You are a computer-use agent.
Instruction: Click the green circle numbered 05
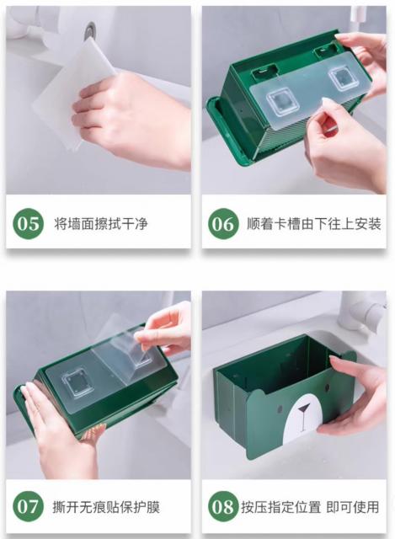28,223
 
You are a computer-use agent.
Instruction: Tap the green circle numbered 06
223,223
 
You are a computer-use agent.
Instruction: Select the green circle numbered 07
28,506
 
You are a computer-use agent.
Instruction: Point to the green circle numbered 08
223,506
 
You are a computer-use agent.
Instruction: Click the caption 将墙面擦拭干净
101,224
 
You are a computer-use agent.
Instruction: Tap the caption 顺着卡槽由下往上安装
314,224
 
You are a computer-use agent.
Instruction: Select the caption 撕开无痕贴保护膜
106,507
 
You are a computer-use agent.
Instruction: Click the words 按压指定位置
280,507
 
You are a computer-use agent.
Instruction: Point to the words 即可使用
352,507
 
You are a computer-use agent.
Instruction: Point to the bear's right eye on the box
327,388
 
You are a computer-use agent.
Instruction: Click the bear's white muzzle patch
302,418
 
